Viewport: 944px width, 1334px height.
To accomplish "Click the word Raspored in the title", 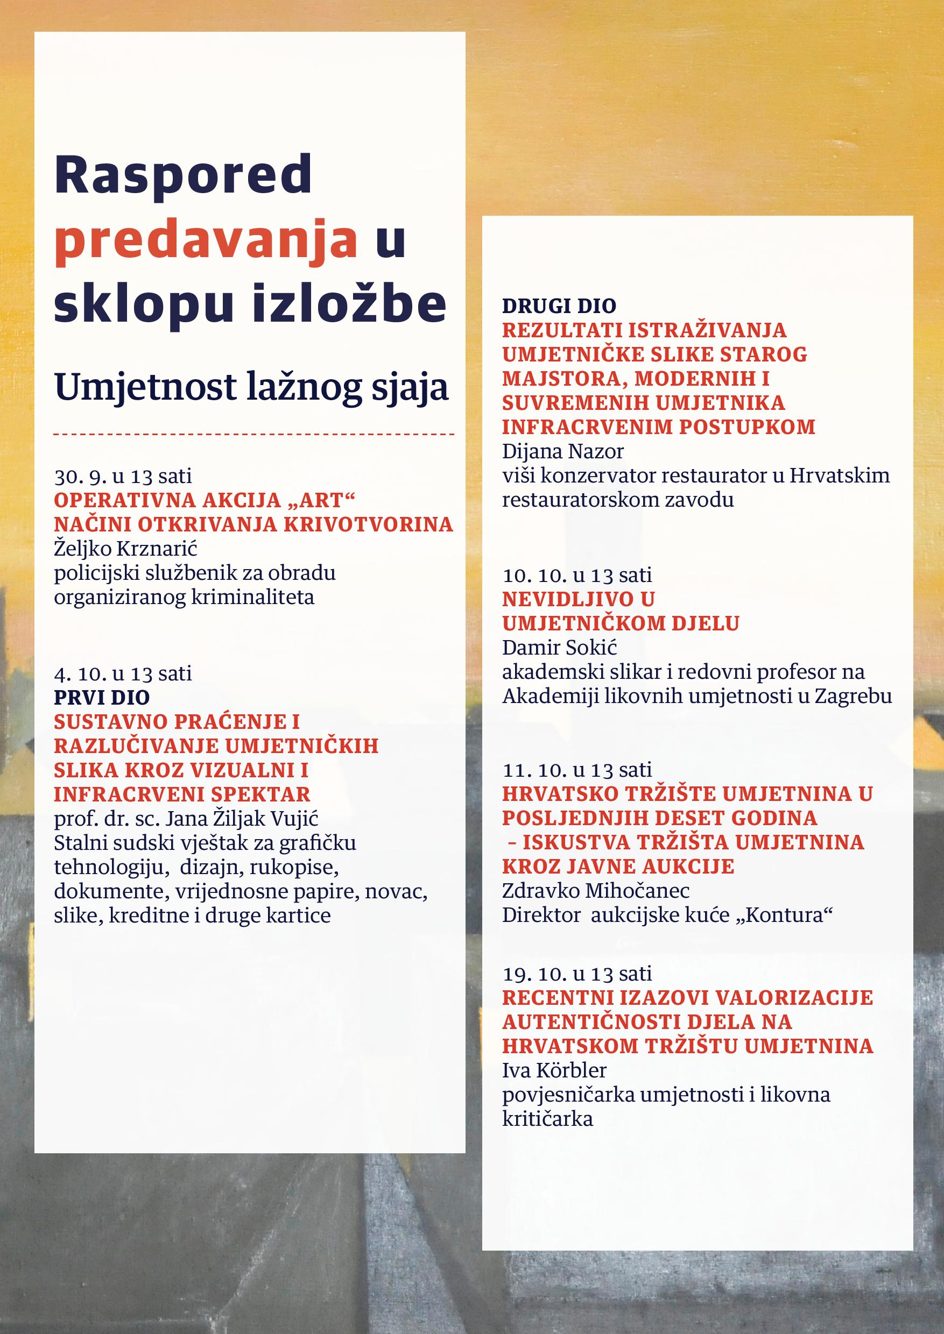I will (x=183, y=175).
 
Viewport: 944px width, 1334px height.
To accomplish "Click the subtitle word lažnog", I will (x=304, y=387).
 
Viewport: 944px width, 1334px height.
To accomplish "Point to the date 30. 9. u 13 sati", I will (x=123, y=477).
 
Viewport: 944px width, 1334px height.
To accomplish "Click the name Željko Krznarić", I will (x=126, y=549).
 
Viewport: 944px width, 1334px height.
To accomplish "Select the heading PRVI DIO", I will (x=102, y=697).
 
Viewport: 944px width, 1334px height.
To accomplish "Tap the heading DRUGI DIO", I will (x=559, y=306).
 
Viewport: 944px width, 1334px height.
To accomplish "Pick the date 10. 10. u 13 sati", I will (x=577, y=575).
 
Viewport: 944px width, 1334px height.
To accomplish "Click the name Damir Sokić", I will (x=559, y=647).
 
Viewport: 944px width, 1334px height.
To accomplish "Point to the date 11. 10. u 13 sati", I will (x=577, y=770).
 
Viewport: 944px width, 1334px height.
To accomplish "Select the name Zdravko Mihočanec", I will (x=596, y=891).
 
